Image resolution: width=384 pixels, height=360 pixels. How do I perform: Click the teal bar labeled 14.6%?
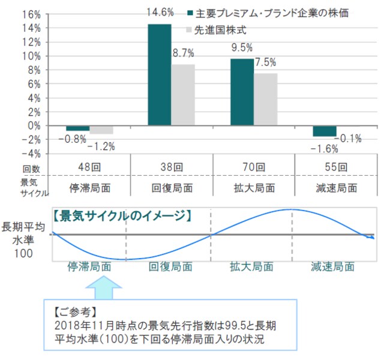[x=159, y=74]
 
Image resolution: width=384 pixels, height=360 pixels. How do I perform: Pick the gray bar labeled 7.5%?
[x=265, y=99]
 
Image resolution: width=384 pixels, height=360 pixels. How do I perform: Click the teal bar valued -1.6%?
[x=325, y=131]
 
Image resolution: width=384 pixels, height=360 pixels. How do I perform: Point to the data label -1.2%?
[x=100, y=146]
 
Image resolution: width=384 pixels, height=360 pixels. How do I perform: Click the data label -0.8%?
[x=72, y=139]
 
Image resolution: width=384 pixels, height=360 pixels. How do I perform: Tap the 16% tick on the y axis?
[x=32, y=14]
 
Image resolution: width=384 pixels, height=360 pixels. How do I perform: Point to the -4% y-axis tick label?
[x=31, y=154]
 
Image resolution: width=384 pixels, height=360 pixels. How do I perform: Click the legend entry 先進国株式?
[x=220, y=29]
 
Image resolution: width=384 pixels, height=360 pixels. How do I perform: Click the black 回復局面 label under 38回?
[x=171, y=187]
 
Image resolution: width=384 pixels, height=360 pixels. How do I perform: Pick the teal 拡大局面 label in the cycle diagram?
[x=251, y=266]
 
